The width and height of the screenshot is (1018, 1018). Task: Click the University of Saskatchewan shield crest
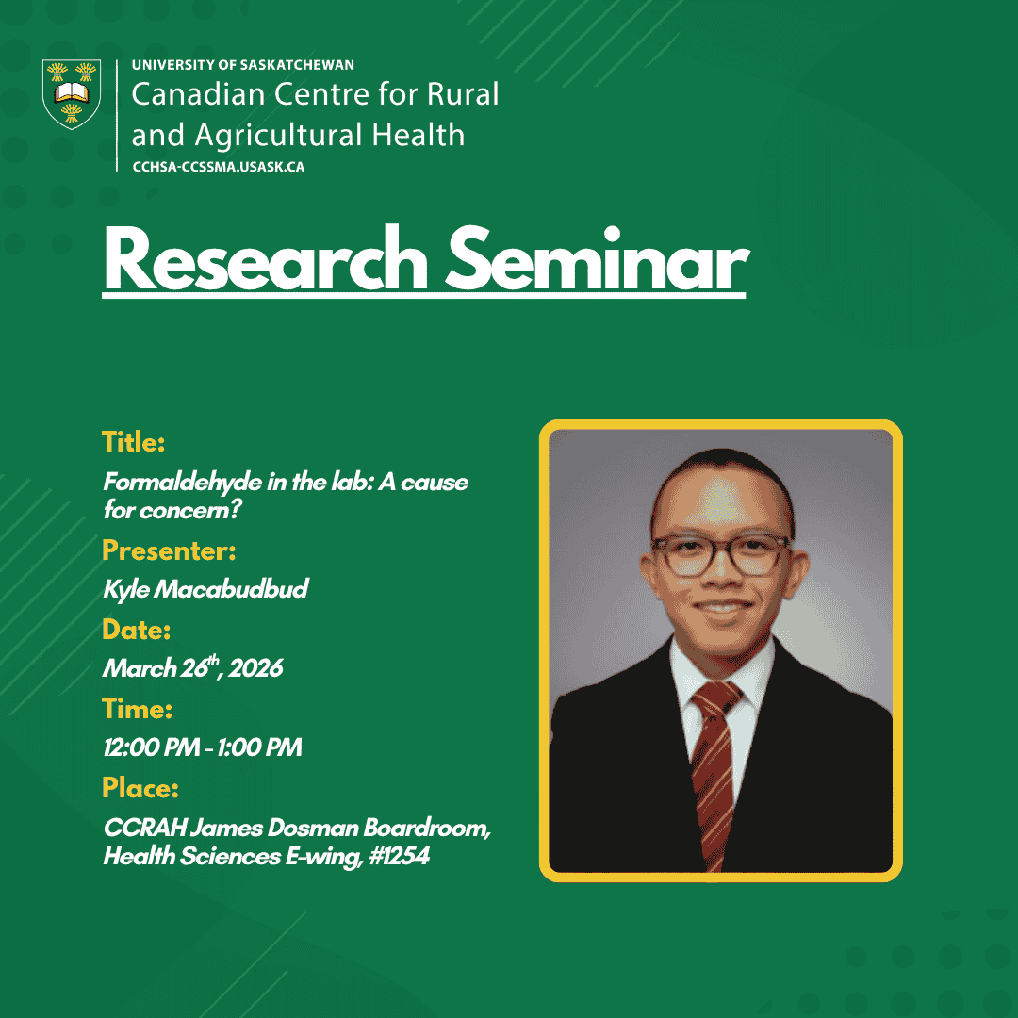72,94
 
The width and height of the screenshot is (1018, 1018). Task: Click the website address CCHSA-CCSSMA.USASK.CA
218,167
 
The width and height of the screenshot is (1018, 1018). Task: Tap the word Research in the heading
265,259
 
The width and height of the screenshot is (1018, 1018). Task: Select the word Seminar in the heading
597,259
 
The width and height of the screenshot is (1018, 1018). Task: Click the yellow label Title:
133,442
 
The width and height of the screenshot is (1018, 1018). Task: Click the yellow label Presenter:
169,550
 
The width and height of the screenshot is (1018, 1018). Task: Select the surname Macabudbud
231,589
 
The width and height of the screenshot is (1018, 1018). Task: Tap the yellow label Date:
137,630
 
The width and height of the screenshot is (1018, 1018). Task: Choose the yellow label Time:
137,709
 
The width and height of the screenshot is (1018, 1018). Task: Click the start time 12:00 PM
151,747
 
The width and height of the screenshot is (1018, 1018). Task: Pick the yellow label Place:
140,788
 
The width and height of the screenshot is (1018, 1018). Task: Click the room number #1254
400,856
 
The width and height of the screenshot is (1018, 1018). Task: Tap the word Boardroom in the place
427,828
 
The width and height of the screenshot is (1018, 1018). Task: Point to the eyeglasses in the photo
721,556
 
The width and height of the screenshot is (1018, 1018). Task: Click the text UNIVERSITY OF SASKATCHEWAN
243,65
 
